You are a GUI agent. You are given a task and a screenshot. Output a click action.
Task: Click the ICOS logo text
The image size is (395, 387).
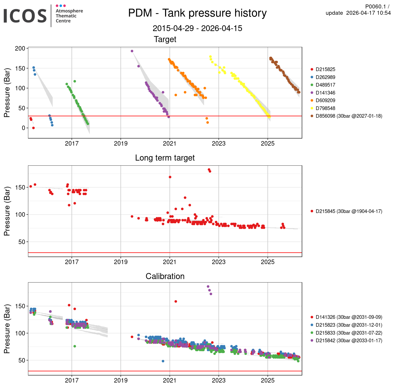(25, 16)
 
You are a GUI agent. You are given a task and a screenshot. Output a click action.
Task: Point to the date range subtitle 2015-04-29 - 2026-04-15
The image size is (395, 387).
(197, 28)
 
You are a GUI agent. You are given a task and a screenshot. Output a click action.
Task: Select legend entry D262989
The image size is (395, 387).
(325, 77)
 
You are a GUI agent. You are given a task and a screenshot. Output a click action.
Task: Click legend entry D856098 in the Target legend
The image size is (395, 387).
(349, 116)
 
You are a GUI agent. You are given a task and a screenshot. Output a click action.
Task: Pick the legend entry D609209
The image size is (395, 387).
(325, 100)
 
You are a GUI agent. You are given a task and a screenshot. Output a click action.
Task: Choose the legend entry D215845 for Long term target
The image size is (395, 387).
(349, 211)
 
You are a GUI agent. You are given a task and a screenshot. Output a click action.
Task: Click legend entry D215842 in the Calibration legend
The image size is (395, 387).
(349, 340)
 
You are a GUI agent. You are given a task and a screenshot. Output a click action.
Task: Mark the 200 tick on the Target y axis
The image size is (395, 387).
(20, 48)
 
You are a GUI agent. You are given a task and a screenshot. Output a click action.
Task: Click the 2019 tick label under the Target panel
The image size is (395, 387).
(121, 143)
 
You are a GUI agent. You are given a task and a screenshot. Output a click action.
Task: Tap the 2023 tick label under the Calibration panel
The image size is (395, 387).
(219, 380)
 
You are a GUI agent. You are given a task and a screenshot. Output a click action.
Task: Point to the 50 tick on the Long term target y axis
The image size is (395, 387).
(22, 242)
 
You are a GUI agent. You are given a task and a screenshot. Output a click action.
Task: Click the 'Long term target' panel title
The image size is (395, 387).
(165, 158)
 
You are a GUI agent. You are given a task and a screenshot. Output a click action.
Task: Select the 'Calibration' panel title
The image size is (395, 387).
(165, 276)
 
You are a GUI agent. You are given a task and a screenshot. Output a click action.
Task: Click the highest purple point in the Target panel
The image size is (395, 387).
(132, 51)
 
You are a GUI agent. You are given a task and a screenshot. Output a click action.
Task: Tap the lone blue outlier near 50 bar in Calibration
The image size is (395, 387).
(163, 361)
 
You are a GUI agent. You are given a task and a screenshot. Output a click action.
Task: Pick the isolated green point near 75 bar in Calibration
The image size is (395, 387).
(75, 346)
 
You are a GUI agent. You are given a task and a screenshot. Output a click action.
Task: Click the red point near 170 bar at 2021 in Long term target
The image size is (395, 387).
(170, 177)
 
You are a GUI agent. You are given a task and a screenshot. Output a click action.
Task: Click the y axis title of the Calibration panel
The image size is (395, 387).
(7, 329)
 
